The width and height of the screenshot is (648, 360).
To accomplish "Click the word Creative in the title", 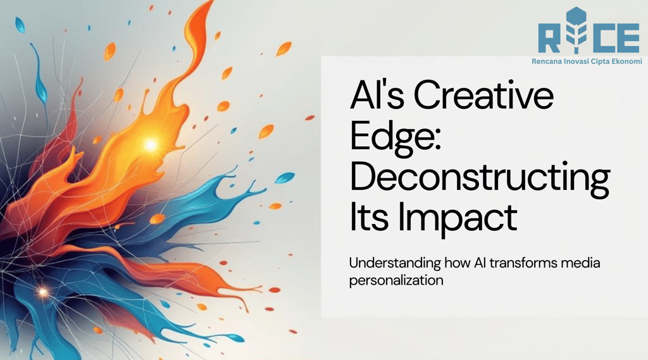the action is [x=483, y=96].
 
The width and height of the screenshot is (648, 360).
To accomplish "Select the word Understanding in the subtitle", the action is [x=395, y=263].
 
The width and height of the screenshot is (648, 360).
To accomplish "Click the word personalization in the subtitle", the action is [x=396, y=281].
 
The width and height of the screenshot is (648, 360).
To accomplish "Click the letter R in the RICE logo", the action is [x=550, y=39].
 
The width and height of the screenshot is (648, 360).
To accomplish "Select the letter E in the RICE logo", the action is [x=626, y=39].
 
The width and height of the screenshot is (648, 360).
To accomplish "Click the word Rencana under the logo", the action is [x=544, y=61].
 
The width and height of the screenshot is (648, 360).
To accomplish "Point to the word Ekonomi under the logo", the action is [x=627, y=61].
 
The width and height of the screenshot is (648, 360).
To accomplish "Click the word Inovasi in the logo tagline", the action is [x=571, y=61].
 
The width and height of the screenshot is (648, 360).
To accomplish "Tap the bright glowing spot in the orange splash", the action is [x=151, y=145].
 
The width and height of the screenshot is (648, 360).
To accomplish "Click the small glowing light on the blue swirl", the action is [x=42, y=292].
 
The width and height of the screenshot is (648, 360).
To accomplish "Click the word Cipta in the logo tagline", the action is [x=599, y=61].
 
